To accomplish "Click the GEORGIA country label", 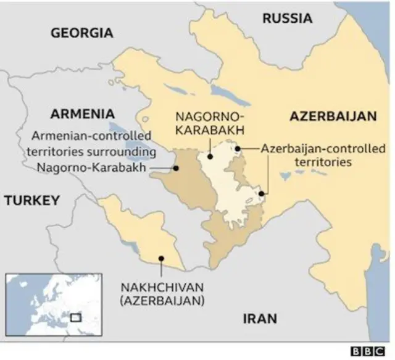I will [x=82, y=33].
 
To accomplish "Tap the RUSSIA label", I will [x=287, y=19].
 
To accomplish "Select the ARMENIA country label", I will [x=82, y=114].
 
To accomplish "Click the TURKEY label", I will [x=31, y=200].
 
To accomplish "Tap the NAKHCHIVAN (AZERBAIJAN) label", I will [x=162, y=295].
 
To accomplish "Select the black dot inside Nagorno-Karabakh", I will [x=210, y=157].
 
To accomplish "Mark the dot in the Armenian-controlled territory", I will [x=176, y=167].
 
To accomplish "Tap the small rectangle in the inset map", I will [x=76, y=317].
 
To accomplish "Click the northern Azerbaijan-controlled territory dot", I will [x=238, y=148].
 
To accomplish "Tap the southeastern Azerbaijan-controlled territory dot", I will [x=262, y=194].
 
